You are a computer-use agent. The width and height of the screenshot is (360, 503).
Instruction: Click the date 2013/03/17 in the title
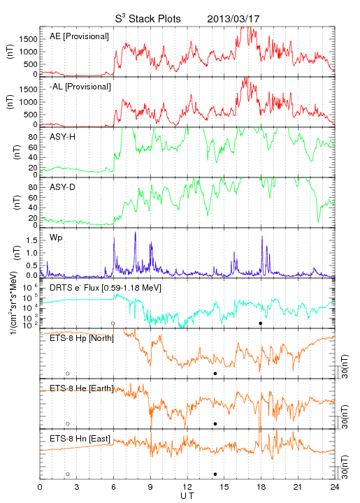pos(233,19)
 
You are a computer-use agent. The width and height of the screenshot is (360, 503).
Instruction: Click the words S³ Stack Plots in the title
pos(148,19)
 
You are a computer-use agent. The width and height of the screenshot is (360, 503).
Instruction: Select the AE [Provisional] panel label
pos(79,36)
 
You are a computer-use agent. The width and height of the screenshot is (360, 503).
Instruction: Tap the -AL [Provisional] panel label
pos(80,87)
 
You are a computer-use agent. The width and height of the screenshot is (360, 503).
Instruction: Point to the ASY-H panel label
pos(63,137)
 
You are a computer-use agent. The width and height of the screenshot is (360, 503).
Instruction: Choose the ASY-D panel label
pos(63,187)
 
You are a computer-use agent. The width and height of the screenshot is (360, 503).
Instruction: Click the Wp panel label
pos(56,238)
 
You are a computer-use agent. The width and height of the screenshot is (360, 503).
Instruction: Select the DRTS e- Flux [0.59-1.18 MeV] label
pos(106,288)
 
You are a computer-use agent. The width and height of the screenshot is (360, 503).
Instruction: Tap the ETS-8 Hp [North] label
pos(82,338)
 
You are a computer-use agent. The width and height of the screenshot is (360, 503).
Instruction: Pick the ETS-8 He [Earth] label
pos(82,388)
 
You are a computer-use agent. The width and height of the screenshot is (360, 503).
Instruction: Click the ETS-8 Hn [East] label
pos(80,439)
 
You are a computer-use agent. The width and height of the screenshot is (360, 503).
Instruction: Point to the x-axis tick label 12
pos(187,487)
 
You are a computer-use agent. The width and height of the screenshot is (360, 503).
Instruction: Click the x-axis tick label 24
pos(335,487)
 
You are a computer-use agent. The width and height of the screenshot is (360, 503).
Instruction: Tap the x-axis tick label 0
pos(40,487)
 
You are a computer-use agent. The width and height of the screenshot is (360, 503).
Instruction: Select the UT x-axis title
pos(187,496)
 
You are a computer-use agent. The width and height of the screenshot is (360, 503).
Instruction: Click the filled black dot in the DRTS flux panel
pos(261,323)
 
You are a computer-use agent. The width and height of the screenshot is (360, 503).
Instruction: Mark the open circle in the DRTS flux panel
pos(113,323)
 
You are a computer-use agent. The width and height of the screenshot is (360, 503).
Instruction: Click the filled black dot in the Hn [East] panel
pos(215,474)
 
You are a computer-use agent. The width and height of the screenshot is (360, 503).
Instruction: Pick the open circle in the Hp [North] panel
pos(68,373)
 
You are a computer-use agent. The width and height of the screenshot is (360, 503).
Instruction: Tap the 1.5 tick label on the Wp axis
pos(32,240)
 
